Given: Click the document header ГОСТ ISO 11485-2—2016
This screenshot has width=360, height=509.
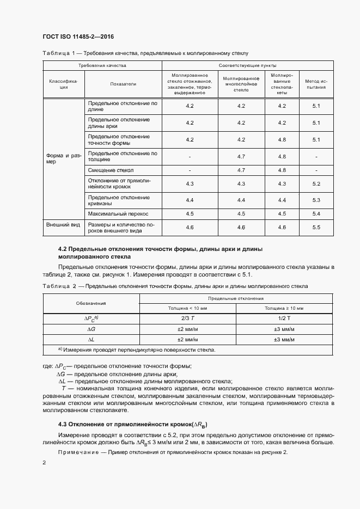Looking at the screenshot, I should point(78,36).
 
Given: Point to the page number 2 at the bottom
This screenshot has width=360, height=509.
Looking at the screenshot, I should point(44,462).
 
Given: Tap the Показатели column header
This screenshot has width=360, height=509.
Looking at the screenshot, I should point(123,84).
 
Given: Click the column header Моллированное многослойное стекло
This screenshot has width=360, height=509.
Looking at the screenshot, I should point(241,84).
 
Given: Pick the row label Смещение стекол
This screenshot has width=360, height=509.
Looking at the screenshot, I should point(111,170).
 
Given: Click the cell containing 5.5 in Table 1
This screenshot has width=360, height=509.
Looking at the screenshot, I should point(316,227).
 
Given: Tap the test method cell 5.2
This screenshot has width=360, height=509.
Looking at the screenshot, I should point(316,185).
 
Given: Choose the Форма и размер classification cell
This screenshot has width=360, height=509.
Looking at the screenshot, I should point(64,158).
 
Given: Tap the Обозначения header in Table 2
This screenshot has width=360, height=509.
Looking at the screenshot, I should point(91,303).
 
